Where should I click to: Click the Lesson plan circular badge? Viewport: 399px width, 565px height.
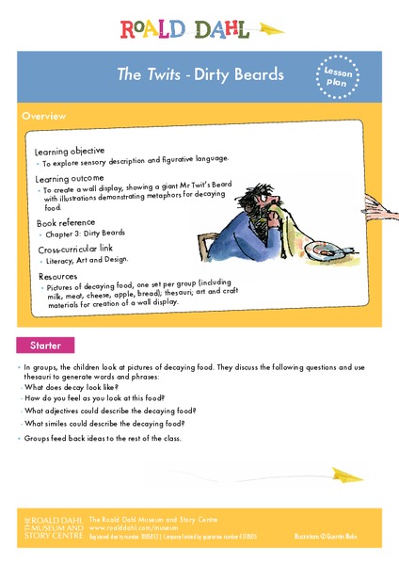pos(340,75)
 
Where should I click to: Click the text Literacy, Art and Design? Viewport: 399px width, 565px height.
pos(89,259)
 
